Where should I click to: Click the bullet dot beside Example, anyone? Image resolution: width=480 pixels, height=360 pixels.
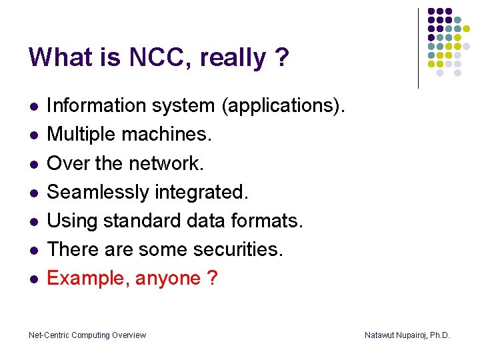tap(32, 279)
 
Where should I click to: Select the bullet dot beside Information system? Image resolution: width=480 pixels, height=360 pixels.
tap(32, 107)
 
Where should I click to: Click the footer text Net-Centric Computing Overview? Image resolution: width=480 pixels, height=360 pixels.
tap(87, 335)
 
